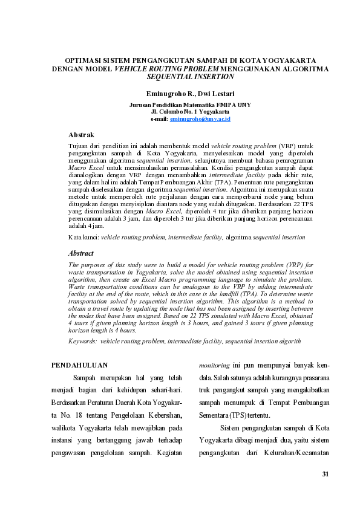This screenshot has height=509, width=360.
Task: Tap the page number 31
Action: (325, 473)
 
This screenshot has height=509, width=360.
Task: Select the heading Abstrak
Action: (81, 134)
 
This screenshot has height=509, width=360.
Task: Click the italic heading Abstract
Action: (81, 253)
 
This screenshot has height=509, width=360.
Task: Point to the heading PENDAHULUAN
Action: (79, 365)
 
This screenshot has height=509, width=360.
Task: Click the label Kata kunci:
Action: (83, 238)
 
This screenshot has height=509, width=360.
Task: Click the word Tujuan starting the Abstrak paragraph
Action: (79, 147)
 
